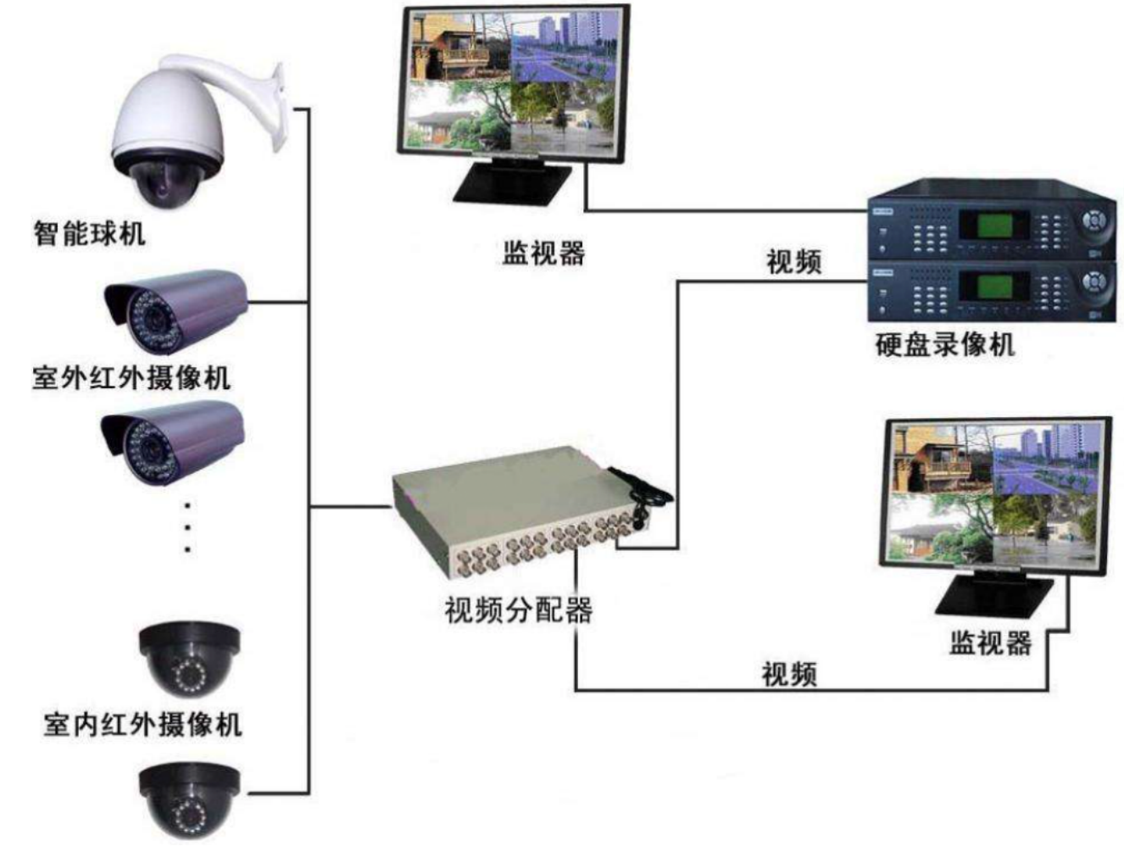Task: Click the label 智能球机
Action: (x=89, y=234)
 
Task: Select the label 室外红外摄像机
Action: (x=131, y=377)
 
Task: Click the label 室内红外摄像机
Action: (x=142, y=723)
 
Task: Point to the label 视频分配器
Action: (x=518, y=609)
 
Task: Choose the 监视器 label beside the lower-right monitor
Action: (x=990, y=642)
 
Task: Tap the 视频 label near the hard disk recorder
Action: (x=793, y=262)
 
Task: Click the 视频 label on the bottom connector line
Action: (x=789, y=674)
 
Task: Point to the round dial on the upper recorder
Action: (x=1095, y=221)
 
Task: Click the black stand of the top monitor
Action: (x=512, y=181)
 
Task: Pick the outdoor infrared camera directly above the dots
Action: (x=173, y=443)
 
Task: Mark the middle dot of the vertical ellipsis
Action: (x=188, y=526)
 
